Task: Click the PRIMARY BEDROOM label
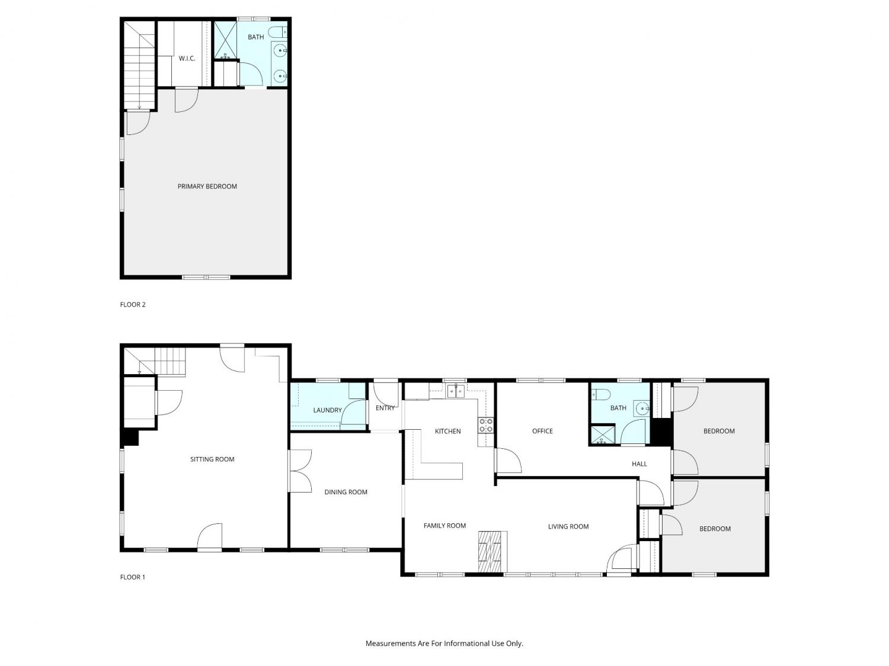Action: [207, 186]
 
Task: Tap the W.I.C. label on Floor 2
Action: [187, 59]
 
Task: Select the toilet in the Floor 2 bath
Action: [277, 31]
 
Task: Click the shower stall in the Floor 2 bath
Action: [225, 40]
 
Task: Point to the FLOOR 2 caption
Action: [132, 304]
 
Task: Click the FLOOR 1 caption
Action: [132, 577]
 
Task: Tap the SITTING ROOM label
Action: [212, 459]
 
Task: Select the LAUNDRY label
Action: [327, 410]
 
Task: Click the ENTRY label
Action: [385, 408]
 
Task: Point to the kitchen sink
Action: [456, 391]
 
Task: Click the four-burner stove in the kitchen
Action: [485, 425]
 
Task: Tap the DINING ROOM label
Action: [346, 492]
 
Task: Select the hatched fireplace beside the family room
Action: [490, 552]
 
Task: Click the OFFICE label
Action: [542, 431]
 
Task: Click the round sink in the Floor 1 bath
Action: [642, 409]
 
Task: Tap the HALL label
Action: [639, 464]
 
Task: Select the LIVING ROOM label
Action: [568, 526]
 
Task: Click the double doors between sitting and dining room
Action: [300, 471]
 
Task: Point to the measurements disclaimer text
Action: [444, 644]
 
